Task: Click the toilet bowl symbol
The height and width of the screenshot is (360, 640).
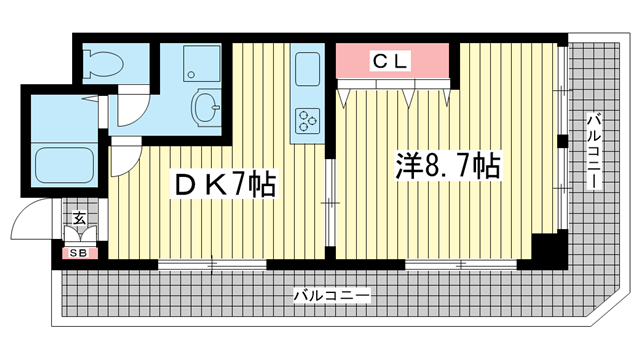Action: coord(103,63)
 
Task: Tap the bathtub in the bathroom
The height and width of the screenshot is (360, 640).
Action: coord(65,166)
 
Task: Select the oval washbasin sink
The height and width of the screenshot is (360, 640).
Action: coord(206,107)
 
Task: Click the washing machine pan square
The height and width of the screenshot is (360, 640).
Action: coord(202,63)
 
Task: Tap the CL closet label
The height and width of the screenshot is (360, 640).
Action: coord(390,61)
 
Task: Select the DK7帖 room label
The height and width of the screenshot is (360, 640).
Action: coord(224,184)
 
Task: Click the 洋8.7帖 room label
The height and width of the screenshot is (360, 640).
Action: coord(448,166)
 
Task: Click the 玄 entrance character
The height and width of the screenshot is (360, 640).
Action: coord(79,218)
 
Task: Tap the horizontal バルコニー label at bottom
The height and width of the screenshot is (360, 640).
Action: coord(331,295)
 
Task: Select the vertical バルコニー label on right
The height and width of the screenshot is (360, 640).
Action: coord(593,151)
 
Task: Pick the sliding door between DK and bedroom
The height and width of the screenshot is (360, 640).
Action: coord(330,202)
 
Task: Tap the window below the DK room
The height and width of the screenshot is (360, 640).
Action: coord(212,264)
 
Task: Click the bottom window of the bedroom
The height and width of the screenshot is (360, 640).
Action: coord(461,264)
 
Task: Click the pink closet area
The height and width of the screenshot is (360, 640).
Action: coord(393,60)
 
